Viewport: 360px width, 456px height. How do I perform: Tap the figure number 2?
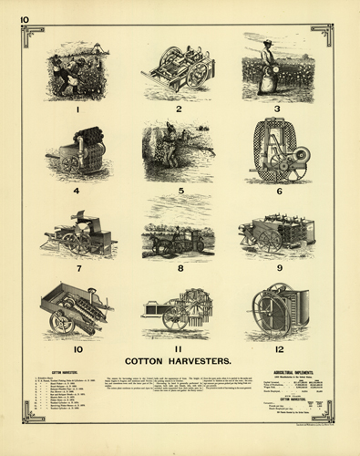(x=180, y=109)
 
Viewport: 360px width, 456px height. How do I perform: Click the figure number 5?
(x=180, y=192)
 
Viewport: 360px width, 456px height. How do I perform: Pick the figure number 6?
(x=279, y=192)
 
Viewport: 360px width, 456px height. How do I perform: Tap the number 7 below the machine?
(x=79, y=269)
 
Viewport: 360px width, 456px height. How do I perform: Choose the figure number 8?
(x=180, y=269)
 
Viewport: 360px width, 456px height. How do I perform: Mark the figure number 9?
(x=279, y=269)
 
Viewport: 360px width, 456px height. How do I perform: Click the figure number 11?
(x=180, y=349)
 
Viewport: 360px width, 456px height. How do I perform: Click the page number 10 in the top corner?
(x=24, y=18)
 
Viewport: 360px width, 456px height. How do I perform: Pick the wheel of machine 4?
(x=70, y=163)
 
